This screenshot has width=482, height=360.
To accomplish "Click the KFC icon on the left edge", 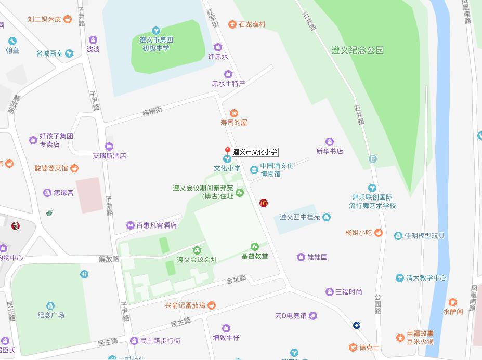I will pyautogui.click(x=16, y=226).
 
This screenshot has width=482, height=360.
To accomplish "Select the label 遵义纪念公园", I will pyautogui.click(x=357, y=50).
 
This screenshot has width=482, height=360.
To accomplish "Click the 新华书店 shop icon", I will pyautogui.click(x=329, y=142).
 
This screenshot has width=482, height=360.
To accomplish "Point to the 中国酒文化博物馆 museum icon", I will pyautogui.click(x=254, y=169).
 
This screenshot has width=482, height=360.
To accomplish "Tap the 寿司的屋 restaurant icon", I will pyautogui.click(x=234, y=113).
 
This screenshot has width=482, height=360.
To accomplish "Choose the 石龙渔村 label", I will pyautogui.click(x=252, y=24).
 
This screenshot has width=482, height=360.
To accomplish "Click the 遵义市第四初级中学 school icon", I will pyautogui.click(x=156, y=31).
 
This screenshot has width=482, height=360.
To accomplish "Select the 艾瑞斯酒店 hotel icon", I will pyautogui.click(x=109, y=146).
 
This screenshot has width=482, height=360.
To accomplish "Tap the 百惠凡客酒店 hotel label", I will pyautogui.click(x=156, y=225).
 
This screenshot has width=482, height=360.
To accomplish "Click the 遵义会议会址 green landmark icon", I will pyautogui.click(x=197, y=251).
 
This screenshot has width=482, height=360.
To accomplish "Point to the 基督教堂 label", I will pyautogui.click(x=254, y=256).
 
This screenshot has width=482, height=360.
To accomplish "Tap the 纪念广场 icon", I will pyautogui.click(x=50, y=306).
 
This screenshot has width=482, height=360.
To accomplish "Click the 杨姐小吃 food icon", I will pyautogui.click(x=379, y=233).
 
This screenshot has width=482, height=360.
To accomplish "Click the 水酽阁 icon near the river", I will pyautogui.click(x=452, y=302).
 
